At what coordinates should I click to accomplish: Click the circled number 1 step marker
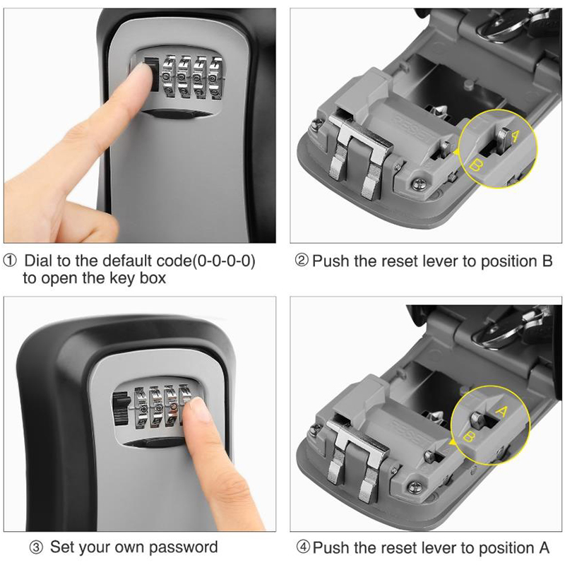[10, 261]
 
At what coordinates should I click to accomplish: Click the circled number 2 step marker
[302, 261]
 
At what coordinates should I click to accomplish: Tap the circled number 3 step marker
[36, 548]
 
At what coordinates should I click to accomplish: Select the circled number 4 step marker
[303, 547]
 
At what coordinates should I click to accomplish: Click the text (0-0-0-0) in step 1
[224, 261]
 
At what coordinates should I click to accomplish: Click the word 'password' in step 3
[183, 547]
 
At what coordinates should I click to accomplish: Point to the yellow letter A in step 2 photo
[515, 136]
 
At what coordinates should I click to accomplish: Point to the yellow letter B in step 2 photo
[476, 165]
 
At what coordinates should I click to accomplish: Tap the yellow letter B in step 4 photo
[468, 436]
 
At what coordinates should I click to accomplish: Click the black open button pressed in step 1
[153, 75]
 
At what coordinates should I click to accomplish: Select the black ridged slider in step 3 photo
[120, 410]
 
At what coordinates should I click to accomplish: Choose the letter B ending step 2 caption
[547, 261]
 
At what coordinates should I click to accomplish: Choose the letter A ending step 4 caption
[544, 547]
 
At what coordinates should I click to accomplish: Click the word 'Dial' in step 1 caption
[38, 261]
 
